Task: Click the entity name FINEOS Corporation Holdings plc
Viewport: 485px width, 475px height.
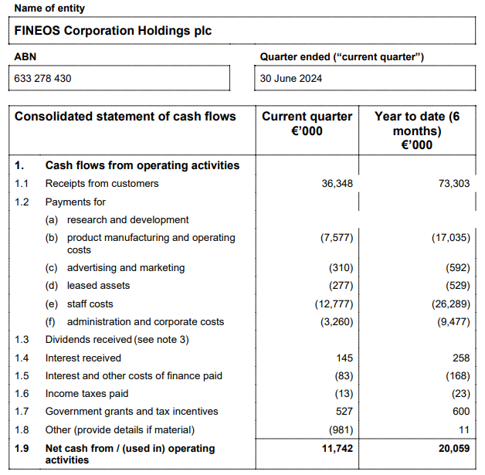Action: [113, 31]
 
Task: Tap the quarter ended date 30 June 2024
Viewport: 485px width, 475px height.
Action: [291, 78]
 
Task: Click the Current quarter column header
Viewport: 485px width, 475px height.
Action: [307, 124]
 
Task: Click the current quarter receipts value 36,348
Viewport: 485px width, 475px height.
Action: [337, 184]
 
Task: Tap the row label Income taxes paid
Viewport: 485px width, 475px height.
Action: [87, 394]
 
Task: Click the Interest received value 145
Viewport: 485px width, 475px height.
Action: [344, 358]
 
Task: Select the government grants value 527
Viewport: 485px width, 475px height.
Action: [344, 412]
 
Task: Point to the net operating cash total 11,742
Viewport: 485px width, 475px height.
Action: [337, 449]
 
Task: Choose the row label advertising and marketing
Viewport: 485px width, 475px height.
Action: [126, 268]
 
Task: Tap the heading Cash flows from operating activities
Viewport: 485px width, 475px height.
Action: [142, 165]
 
